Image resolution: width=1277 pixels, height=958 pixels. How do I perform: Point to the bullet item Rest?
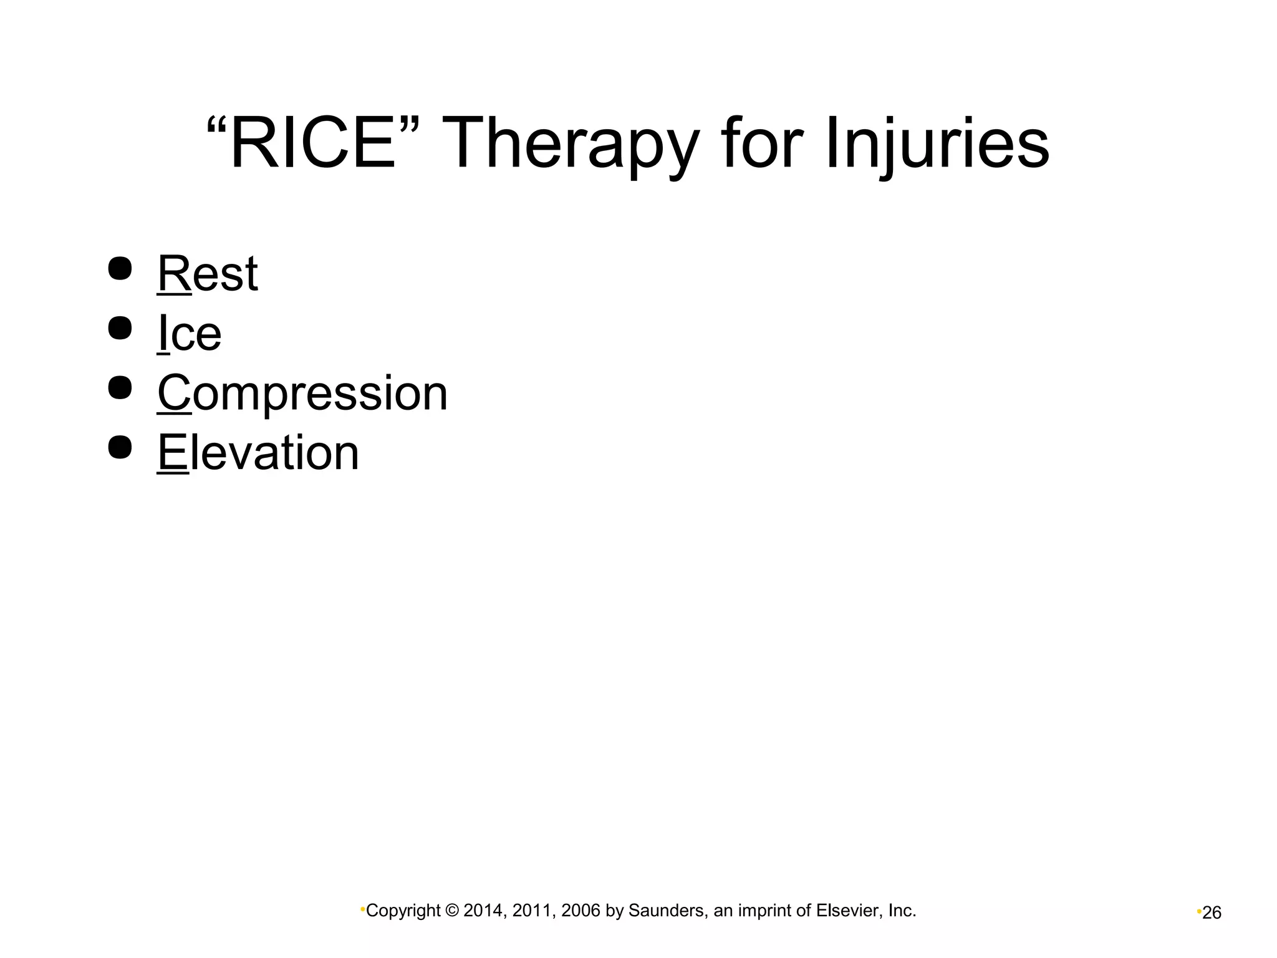click(x=207, y=274)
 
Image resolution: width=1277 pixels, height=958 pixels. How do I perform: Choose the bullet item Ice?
click(x=190, y=334)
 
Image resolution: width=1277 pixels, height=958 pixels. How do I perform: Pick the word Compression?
click(x=302, y=394)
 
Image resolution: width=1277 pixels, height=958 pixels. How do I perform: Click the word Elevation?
click(x=258, y=453)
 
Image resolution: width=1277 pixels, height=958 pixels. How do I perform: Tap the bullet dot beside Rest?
click(x=120, y=269)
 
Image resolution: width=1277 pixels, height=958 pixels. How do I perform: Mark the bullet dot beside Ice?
click(x=120, y=328)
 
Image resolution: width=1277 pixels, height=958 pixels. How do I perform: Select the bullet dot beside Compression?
click(x=120, y=387)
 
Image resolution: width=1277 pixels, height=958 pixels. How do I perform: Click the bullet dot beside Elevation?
click(x=120, y=447)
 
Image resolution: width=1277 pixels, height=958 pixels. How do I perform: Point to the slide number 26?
click(x=1212, y=913)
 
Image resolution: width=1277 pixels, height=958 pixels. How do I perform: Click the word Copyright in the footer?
click(x=403, y=911)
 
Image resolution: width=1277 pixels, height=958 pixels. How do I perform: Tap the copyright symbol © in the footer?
click(x=452, y=911)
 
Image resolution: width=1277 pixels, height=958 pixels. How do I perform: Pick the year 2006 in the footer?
click(x=581, y=911)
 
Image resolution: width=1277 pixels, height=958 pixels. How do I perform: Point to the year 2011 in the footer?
click(x=532, y=911)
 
